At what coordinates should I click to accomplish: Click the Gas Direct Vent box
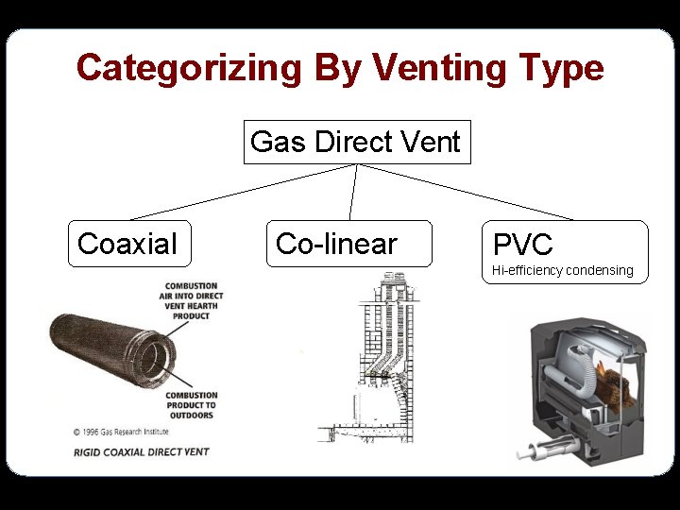(356, 143)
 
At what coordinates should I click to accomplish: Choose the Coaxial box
(128, 244)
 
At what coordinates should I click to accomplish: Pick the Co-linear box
(348, 244)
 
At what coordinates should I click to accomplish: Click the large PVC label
(522, 246)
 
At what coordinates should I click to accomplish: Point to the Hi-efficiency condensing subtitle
(563, 270)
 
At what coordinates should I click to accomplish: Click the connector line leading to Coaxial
(241, 193)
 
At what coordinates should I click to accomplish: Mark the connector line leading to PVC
(467, 193)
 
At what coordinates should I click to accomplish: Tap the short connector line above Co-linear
(353, 193)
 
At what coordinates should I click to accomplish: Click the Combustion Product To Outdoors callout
(191, 405)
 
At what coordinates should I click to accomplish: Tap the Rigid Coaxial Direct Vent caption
(142, 452)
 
